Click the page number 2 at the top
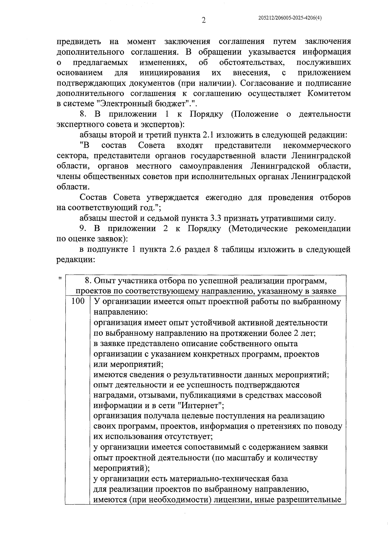click(x=203, y=20)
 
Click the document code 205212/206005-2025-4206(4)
click(x=290, y=18)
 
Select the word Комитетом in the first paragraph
click(x=329, y=94)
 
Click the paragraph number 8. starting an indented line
click(x=83, y=114)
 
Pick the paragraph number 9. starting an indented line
click(x=83, y=229)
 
